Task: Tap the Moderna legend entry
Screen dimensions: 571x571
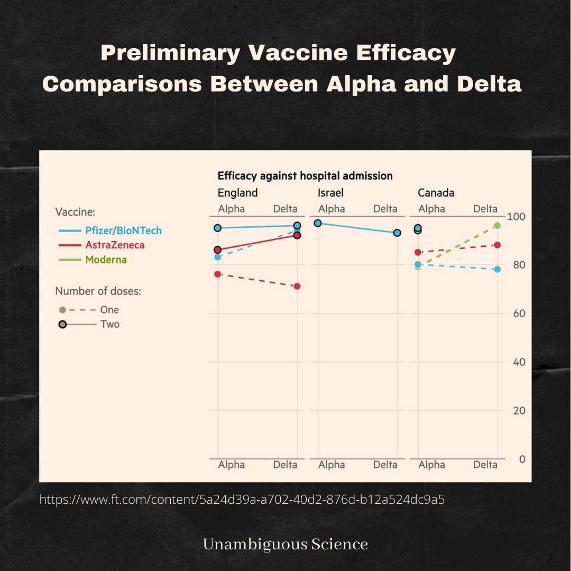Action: (x=106, y=260)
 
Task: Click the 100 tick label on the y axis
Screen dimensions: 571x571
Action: (x=516, y=216)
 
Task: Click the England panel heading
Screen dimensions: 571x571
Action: (x=237, y=192)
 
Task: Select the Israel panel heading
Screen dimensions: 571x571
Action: (x=330, y=192)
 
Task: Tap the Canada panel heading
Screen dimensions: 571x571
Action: (x=436, y=192)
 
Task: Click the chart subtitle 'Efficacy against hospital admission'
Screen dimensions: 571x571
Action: (x=305, y=176)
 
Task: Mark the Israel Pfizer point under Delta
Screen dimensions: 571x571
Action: (x=397, y=233)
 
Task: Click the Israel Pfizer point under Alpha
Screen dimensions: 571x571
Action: (x=318, y=223)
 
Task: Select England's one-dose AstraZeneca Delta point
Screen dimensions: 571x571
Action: (x=297, y=286)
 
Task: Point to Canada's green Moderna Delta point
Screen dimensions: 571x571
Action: (x=497, y=226)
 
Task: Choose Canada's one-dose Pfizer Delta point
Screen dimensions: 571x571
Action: (x=497, y=269)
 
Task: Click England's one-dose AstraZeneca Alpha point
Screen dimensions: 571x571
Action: (x=218, y=274)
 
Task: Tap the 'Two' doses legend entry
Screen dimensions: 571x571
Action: (x=110, y=324)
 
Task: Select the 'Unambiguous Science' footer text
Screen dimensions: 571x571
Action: (x=285, y=544)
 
